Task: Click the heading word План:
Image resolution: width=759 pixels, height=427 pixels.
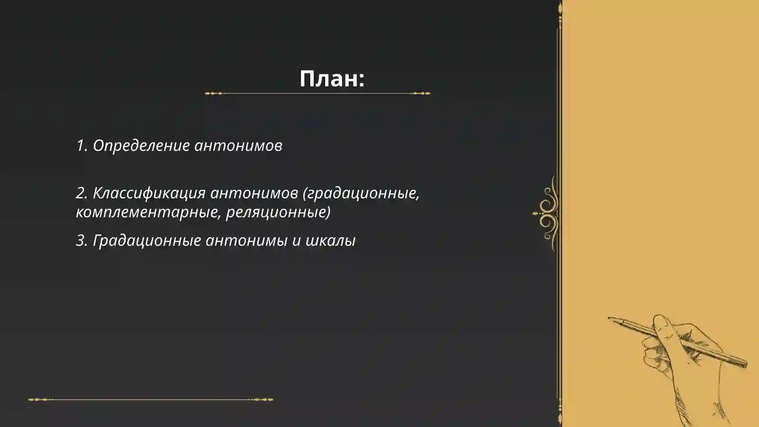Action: (x=332, y=78)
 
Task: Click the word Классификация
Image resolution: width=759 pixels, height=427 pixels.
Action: (x=148, y=193)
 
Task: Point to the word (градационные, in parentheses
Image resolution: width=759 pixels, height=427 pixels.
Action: (x=361, y=193)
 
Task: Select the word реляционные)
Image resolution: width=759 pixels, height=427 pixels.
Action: (x=278, y=212)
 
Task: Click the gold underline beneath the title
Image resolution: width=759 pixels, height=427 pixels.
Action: (x=317, y=93)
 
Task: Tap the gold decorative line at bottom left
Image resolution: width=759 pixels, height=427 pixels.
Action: (x=150, y=399)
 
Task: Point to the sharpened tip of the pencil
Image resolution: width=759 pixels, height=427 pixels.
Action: (x=610, y=318)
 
